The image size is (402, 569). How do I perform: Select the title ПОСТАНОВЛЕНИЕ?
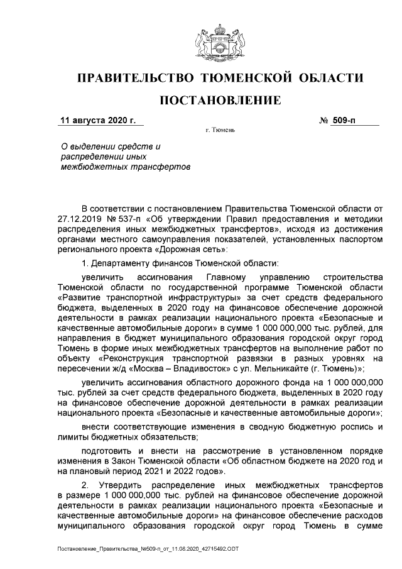point(219,101)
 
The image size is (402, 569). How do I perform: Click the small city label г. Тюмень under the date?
point(220,131)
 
